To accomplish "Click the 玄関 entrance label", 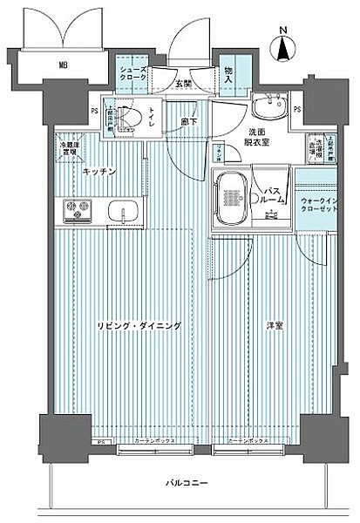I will point(182,84).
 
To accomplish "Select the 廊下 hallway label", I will point(189,122).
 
